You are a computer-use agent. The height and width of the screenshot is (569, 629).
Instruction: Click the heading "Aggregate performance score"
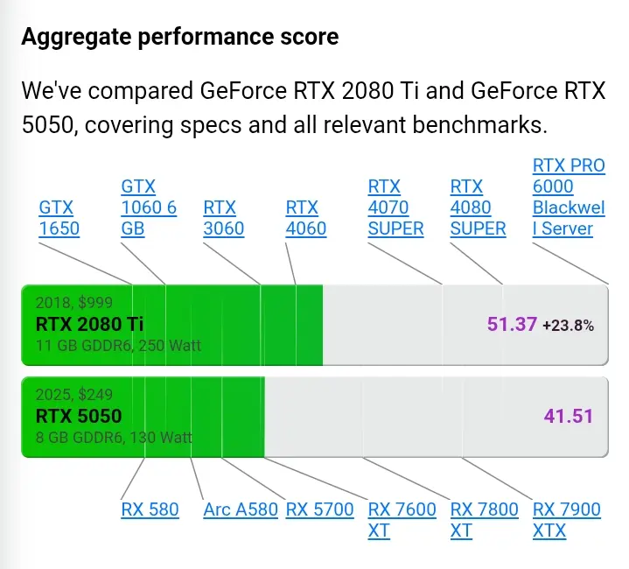point(180,38)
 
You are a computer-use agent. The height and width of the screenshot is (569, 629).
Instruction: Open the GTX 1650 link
point(59,218)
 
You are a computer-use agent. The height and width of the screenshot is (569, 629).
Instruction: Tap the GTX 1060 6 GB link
point(149,207)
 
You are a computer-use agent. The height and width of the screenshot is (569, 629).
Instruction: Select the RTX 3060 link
point(223,218)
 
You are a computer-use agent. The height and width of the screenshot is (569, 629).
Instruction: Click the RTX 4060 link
point(305,218)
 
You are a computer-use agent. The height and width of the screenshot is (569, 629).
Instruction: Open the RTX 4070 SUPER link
point(395,207)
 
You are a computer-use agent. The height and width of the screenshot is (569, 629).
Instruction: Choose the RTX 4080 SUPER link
point(478,207)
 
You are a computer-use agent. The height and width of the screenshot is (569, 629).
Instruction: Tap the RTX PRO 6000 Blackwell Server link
point(569,197)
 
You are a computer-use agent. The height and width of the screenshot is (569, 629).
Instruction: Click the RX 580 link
point(150,509)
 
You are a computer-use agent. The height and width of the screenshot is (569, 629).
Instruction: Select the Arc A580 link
point(241,509)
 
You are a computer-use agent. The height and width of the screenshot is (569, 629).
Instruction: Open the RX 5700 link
point(319,509)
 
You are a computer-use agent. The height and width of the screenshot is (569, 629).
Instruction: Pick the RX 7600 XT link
point(402,520)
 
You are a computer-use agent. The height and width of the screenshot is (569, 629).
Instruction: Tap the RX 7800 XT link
point(484,520)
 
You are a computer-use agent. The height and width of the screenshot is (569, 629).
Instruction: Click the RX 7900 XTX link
point(566,520)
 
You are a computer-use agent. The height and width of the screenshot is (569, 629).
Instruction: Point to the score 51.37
point(512,324)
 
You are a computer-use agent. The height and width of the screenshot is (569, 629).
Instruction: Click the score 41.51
point(569,416)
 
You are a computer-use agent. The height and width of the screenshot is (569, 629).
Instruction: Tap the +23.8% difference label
point(568,325)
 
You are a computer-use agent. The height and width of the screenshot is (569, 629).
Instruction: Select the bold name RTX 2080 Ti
point(89,324)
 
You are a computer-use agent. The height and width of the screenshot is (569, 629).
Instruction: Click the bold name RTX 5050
point(79,416)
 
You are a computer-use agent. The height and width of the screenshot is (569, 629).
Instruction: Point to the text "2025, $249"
point(74,395)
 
